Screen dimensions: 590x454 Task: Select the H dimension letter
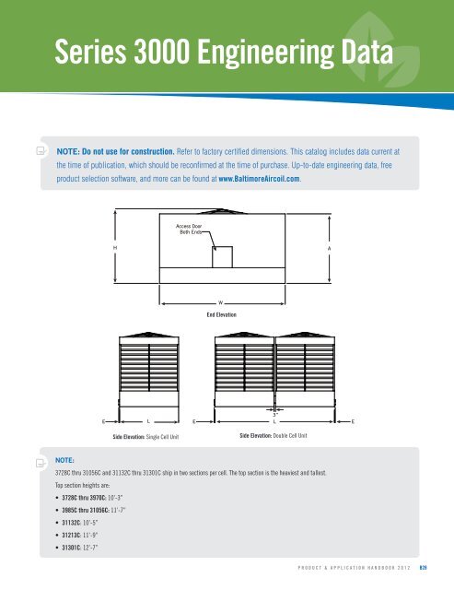(114, 247)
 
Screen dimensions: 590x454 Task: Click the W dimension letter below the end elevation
(221, 302)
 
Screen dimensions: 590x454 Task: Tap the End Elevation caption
(221, 314)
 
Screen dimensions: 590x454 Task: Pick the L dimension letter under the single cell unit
(149, 421)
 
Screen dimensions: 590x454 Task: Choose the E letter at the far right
(355, 421)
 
